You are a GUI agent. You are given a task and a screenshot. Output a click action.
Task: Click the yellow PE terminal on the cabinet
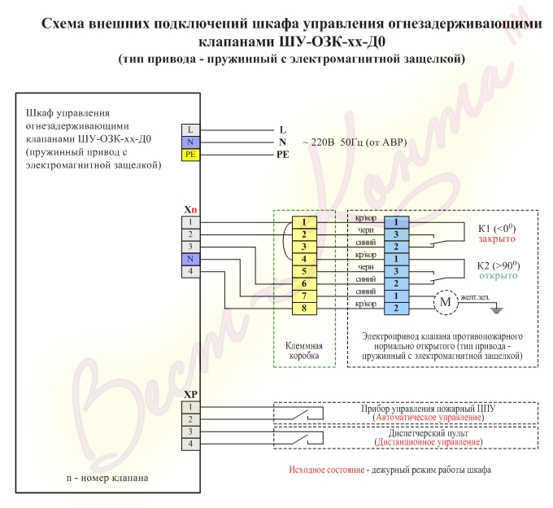pyautogui.click(x=190, y=155)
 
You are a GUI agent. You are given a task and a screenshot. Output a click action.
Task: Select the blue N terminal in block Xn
pyautogui.click(x=190, y=259)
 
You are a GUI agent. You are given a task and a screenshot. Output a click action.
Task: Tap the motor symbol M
pyautogui.click(x=446, y=302)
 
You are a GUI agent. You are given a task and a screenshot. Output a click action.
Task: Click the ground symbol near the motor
pyautogui.click(x=497, y=310)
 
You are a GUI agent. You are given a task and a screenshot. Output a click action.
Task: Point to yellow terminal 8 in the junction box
pyautogui.click(x=304, y=309)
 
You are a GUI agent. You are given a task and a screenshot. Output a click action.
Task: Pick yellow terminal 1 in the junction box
pyautogui.click(x=304, y=222)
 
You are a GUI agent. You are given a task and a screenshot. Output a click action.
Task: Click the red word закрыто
pyautogui.click(x=497, y=239)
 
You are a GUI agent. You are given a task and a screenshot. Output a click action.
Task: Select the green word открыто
pyautogui.click(x=498, y=276)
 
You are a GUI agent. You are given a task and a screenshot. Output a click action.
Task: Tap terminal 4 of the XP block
pyautogui.click(x=190, y=444)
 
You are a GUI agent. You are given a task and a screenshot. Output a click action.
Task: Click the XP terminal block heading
pyautogui.click(x=190, y=395)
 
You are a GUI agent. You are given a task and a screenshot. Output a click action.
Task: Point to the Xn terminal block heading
pyautogui.click(x=190, y=210)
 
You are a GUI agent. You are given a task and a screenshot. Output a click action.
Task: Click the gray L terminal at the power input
pyautogui.click(x=190, y=130)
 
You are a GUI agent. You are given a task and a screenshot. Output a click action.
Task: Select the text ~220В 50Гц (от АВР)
pyautogui.click(x=355, y=142)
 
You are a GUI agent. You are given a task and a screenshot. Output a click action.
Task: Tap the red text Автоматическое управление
pyautogui.click(x=429, y=418)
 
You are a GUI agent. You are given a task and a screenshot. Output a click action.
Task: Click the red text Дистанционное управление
pyautogui.click(x=429, y=442)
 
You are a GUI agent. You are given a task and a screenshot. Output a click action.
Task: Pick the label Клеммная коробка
pyautogui.click(x=304, y=351)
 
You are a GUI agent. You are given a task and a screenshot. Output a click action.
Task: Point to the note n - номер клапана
pyautogui.click(x=107, y=478)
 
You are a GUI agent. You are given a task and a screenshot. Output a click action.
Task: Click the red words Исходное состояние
pyautogui.click(x=327, y=470)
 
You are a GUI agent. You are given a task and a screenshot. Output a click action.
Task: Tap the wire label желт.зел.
pyautogui.click(x=475, y=297)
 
